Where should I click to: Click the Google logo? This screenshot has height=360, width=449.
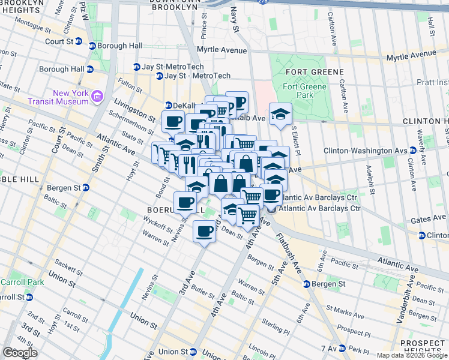pyautogui.click(x=20, y=353)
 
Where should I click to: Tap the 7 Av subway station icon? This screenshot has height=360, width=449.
pyautogui.click(x=342, y=348)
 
